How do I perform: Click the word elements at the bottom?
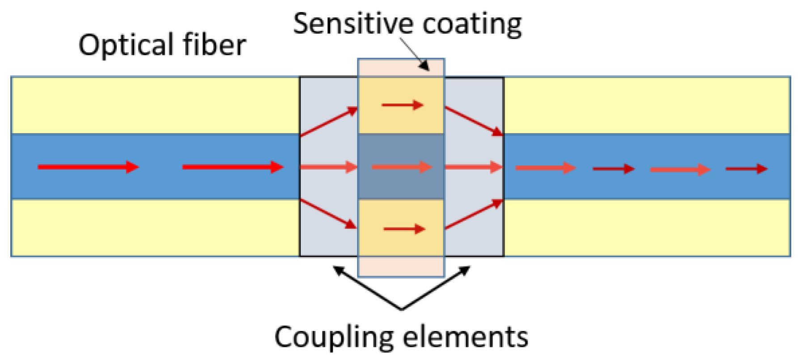click(461, 337)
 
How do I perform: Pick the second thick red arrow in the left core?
click(233, 167)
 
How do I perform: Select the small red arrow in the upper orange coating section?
click(402, 105)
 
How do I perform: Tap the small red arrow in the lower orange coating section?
click(404, 229)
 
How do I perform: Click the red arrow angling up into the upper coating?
click(329, 121)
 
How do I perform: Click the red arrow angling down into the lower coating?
click(329, 214)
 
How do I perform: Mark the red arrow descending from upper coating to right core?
click(474, 121)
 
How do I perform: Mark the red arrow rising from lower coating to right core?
click(474, 215)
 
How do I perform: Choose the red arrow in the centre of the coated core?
click(401, 167)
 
